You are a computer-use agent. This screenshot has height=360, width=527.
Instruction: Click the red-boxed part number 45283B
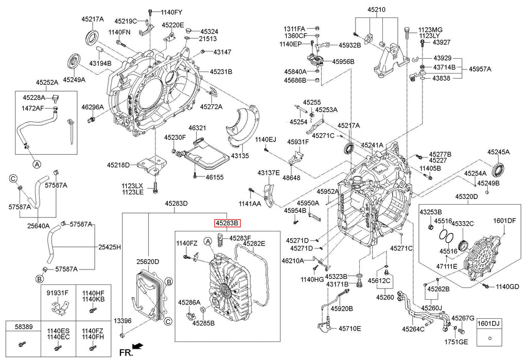227,223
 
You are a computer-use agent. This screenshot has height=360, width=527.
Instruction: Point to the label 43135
239,155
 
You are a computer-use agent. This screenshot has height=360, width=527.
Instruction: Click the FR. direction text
126,352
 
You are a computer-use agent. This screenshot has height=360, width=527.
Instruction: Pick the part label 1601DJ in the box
489,323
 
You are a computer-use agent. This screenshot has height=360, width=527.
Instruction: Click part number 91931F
58,293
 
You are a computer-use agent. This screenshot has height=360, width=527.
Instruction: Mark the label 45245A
499,152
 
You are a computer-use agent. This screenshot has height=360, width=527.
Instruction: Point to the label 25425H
110,247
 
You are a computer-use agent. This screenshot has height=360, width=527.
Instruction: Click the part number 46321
197,128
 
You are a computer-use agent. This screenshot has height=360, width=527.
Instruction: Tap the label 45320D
466,196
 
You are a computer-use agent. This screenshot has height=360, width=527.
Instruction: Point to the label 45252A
47,82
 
